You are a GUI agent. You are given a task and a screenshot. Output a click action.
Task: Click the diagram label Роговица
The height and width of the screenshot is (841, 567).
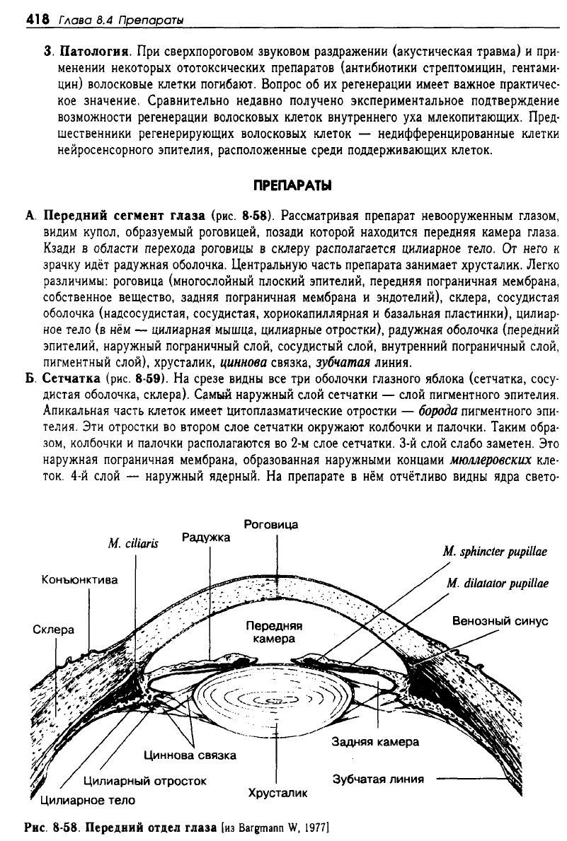click(270, 525)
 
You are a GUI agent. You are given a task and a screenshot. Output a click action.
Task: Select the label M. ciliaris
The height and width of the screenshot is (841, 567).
click(134, 543)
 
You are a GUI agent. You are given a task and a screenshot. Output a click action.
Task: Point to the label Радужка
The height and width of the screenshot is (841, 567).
click(205, 538)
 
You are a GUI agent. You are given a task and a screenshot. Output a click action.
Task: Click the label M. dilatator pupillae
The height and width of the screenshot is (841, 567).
click(498, 584)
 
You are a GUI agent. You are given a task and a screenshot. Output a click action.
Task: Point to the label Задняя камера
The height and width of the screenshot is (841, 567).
click(375, 742)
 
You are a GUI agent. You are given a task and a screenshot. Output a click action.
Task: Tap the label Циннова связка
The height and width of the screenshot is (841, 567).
click(190, 755)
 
